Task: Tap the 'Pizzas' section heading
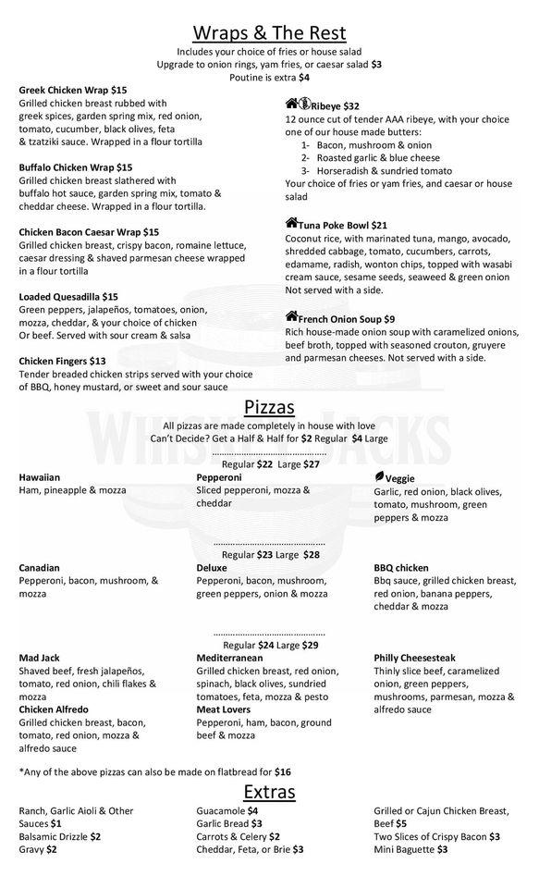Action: tap(269, 407)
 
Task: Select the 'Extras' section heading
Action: tap(269, 791)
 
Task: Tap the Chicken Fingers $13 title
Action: tap(62, 360)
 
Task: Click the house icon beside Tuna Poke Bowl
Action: tap(291, 224)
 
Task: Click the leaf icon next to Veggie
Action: tap(379, 475)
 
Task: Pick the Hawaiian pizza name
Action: tap(39, 477)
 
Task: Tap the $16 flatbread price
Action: tap(282, 771)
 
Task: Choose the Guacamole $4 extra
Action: tap(227, 811)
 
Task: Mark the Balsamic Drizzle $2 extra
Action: tap(59, 836)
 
